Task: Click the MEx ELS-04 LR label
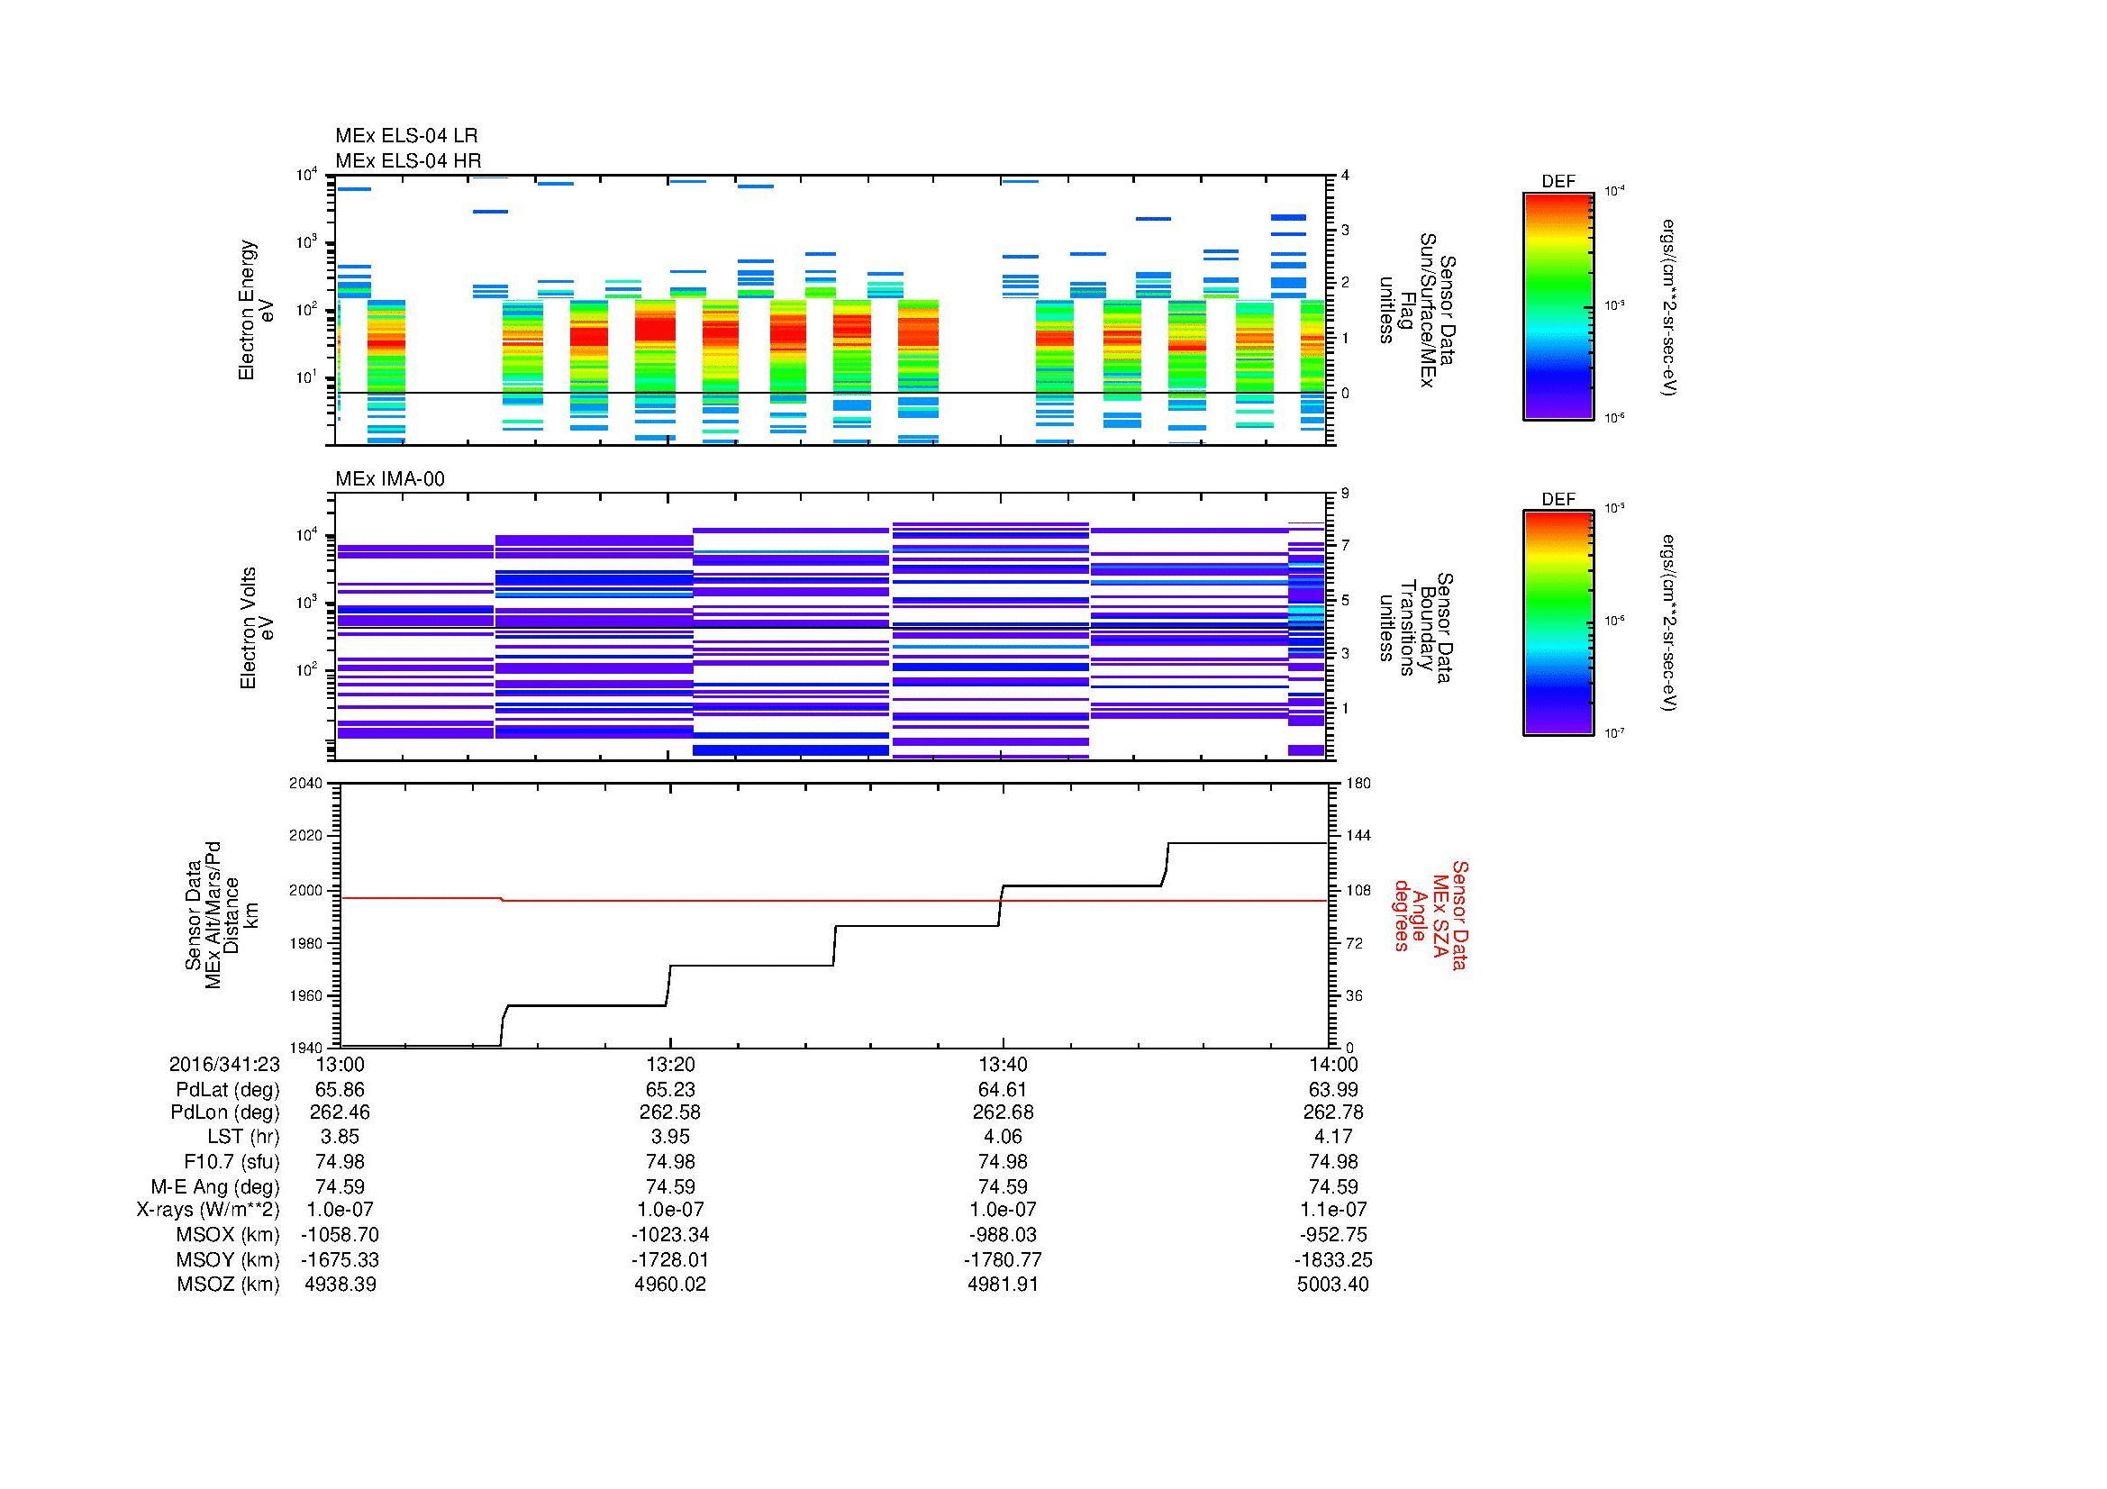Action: coord(405,136)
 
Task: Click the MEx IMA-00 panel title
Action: coord(389,479)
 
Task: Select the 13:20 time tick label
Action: coord(670,1064)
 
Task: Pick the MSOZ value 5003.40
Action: coord(1332,1285)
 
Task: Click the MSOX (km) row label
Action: coord(228,1235)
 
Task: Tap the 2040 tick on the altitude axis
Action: coord(306,783)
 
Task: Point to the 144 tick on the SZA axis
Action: coord(1358,836)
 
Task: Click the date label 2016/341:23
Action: coord(224,1064)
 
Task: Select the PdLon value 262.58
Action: coord(670,1112)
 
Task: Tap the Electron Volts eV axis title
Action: coord(258,628)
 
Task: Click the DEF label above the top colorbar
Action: coord(1558,182)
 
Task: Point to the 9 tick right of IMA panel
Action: coord(1344,493)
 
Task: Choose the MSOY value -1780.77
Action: coord(1002,1259)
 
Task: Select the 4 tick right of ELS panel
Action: coord(1344,176)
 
